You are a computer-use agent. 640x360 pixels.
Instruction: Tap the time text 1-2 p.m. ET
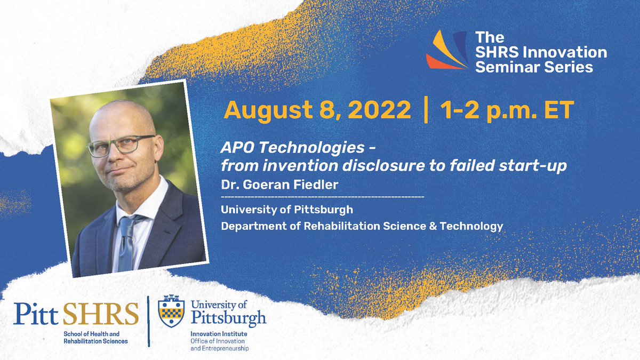coord(506,110)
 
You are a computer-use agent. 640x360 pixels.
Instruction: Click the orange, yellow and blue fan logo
coord(447,51)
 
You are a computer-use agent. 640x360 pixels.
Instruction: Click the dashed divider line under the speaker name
coord(323,197)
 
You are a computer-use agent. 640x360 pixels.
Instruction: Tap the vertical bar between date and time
coord(425,110)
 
